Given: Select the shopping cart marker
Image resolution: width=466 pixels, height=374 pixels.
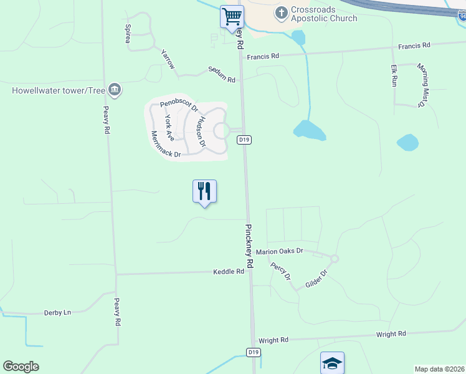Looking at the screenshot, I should tap(232, 16).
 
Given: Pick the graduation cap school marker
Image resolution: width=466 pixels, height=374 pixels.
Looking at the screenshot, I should tap(332, 363).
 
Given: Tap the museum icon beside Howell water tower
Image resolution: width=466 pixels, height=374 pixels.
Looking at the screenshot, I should tap(114, 90).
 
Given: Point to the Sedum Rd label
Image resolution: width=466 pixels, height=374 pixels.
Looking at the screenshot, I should tap(222, 75).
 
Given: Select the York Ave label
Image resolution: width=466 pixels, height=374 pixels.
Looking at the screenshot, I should tap(168, 127).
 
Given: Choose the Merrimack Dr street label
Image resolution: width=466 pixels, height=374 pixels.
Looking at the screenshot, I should tap(165, 144).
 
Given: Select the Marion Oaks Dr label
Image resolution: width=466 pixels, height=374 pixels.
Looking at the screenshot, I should tap(279, 251).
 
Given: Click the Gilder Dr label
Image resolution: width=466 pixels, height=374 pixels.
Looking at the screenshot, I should tap(316, 279).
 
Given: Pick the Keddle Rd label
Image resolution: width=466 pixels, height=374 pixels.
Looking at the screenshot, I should tap(229, 272).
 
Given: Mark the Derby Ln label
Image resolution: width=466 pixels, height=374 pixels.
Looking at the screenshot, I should tap(57, 312).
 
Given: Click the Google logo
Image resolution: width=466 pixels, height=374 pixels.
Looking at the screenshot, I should tap(21, 367).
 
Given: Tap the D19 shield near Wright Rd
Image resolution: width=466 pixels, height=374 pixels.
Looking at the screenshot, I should tap(252, 352).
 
